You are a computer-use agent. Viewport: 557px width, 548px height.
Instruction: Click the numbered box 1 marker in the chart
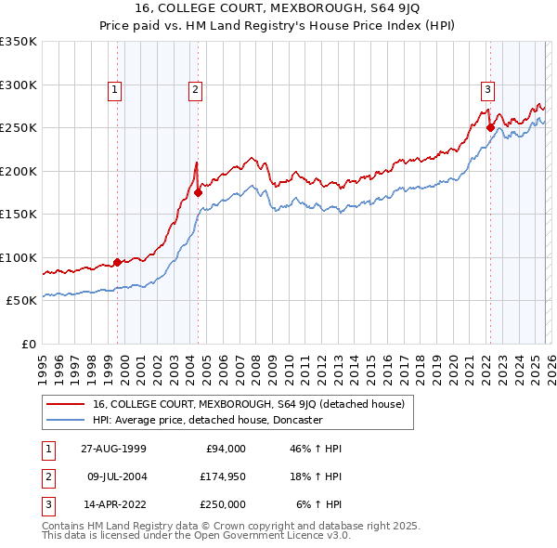(x=114, y=90)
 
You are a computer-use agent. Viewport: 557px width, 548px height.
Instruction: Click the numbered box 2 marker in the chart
(x=196, y=90)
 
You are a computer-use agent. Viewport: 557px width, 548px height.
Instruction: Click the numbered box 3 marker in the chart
(x=487, y=90)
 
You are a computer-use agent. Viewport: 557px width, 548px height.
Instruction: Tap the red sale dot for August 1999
(x=118, y=262)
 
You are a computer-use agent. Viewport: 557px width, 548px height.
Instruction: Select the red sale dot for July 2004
(x=198, y=193)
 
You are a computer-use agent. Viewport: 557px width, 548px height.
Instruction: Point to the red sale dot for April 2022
(x=490, y=128)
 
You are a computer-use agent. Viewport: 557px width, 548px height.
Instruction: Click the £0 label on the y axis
(x=28, y=344)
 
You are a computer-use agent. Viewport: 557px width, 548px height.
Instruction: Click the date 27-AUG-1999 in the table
(x=112, y=449)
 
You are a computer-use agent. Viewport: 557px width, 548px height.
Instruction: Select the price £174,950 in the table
(x=221, y=476)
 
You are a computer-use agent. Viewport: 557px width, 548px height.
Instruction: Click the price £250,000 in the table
(x=221, y=504)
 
